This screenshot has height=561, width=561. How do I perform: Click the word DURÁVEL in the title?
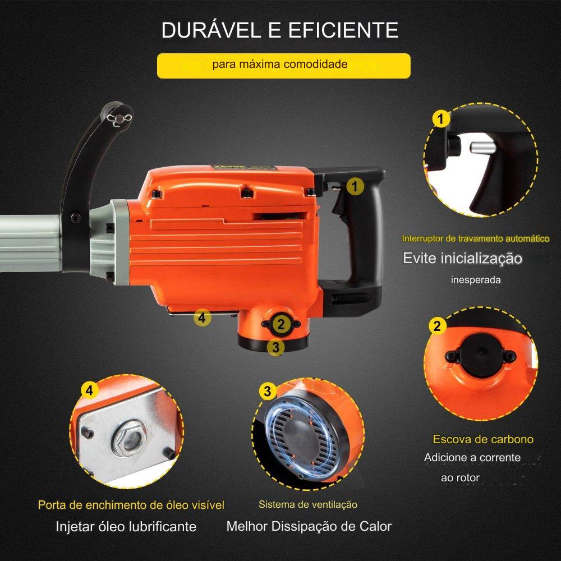point(211,30)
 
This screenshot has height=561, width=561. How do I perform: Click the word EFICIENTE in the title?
point(343,30)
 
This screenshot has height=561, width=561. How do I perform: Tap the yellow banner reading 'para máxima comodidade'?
point(284,66)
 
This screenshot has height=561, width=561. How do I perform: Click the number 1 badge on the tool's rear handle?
point(355,186)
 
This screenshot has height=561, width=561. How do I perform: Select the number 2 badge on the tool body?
point(281,324)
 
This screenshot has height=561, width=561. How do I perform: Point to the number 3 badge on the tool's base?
point(275,347)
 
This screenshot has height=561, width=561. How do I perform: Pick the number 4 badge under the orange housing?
point(202,318)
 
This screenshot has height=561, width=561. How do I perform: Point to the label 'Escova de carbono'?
point(483,439)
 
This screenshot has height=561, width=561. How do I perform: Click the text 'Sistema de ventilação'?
point(307,504)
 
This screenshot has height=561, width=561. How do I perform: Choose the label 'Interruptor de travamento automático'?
point(476,238)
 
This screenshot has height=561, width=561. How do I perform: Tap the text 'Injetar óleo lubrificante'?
point(126,527)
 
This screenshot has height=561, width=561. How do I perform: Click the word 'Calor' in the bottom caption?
point(376,526)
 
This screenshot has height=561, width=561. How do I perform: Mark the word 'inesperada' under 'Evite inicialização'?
point(476,280)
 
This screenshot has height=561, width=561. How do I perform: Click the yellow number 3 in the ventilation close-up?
point(268,392)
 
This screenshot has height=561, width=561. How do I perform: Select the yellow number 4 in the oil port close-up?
point(89,390)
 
